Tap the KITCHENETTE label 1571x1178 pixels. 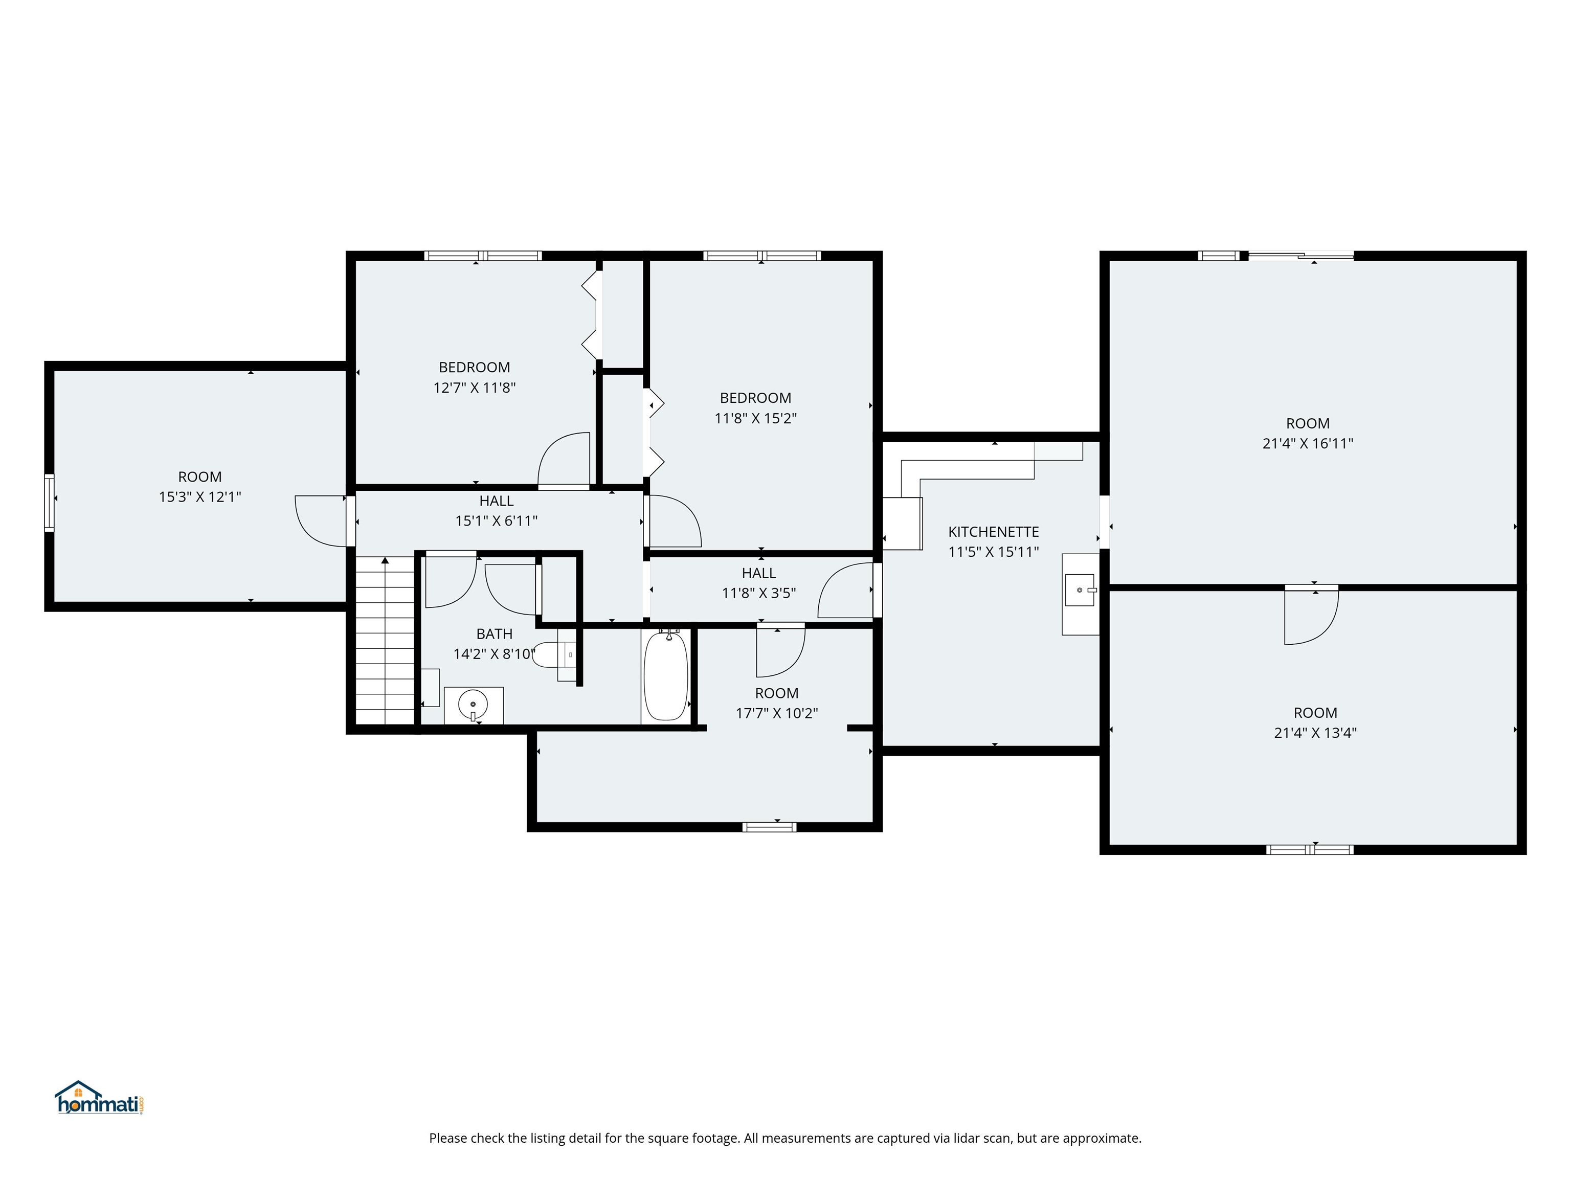pyautogui.click(x=993, y=532)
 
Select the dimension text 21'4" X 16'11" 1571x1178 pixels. pyautogui.click(x=1308, y=444)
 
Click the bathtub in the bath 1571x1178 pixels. pyautogui.click(x=665, y=676)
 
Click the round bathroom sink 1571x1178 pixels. pyautogui.click(x=473, y=705)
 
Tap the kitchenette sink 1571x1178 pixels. pyautogui.click(x=1080, y=590)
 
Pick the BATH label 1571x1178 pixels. pyautogui.click(x=495, y=634)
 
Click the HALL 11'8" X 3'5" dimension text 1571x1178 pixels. pyautogui.click(x=758, y=593)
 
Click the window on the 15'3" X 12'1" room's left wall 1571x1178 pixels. pyautogui.click(x=49, y=503)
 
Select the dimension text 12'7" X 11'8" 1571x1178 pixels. pyautogui.click(x=475, y=388)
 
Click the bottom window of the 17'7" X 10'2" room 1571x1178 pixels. pyautogui.click(x=769, y=827)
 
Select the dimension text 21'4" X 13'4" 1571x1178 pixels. pyautogui.click(x=1315, y=733)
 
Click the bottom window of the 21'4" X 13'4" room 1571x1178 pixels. pyautogui.click(x=1310, y=849)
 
